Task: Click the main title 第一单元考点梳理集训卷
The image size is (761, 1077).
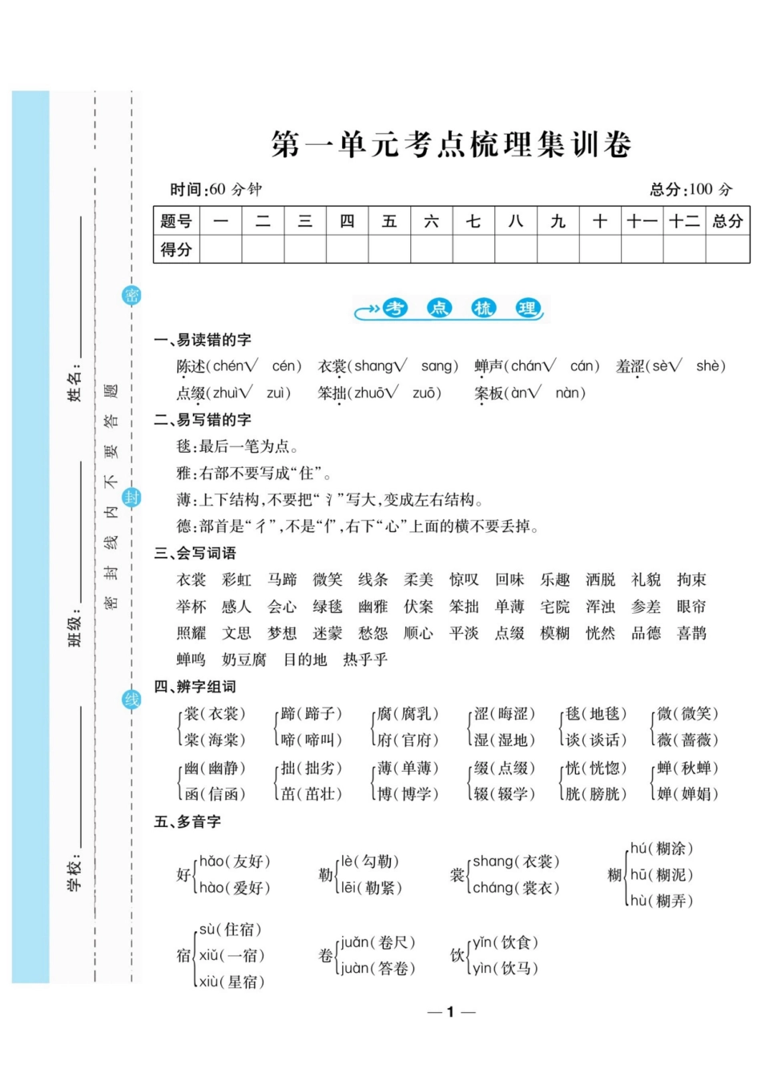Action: pyautogui.click(x=451, y=145)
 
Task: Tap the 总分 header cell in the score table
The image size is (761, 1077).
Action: pyautogui.click(x=727, y=222)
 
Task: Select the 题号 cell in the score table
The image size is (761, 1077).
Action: pyautogui.click(x=176, y=222)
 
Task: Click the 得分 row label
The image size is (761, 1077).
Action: pyautogui.click(x=176, y=249)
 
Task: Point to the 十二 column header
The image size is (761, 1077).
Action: pyautogui.click(x=684, y=222)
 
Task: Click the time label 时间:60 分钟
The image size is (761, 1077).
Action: pyautogui.click(x=215, y=190)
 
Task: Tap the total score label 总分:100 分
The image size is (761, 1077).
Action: pyautogui.click(x=691, y=190)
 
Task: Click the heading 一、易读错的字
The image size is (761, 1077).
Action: pyautogui.click(x=203, y=340)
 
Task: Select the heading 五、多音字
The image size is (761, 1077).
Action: pyautogui.click(x=187, y=821)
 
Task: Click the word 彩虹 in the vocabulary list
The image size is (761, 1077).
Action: pyautogui.click(x=236, y=580)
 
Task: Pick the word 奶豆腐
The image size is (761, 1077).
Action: pyautogui.click(x=244, y=660)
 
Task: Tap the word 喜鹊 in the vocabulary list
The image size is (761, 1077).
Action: pyautogui.click(x=691, y=633)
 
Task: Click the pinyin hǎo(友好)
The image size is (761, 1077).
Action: pyautogui.click(x=235, y=861)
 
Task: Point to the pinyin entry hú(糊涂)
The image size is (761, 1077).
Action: pyautogui.click(x=662, y=849)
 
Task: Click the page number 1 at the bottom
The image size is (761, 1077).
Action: pyautogui.click(x=451, y=1012)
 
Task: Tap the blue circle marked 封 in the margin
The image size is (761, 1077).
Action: pyautogui.click(x=131, y=497)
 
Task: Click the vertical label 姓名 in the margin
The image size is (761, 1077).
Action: pyautogui.click(x=74, y=386)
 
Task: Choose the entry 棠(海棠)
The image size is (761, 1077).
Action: pyautogui.click(x=215, y=740)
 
